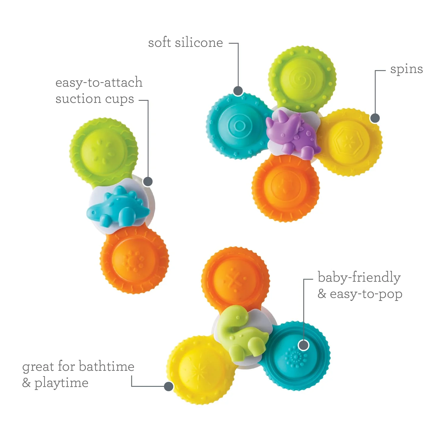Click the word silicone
tap(199, 43)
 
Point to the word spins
tap(406, 70)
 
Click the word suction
tap(78, 99)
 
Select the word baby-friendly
tap(359, 277)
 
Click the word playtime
tap(61, 383)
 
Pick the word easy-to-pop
tap(366, 294)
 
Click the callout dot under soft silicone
tap(238, 91)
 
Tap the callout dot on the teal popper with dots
tap(303, 345)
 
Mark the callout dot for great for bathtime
tap(169, 386)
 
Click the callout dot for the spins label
tap(375, 118)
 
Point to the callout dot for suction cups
tap(148, 181)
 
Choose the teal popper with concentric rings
tap(239, 126)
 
